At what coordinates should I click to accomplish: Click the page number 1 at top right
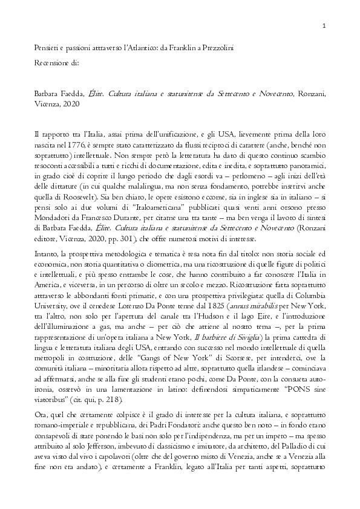point(325,26)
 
